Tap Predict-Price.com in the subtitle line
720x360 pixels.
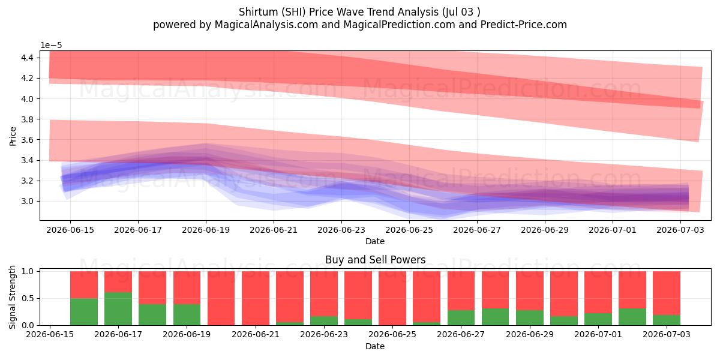[x=524, y=25]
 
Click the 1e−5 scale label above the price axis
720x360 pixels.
[x=51, y=46]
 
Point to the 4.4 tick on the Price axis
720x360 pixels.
[x=28, y=58]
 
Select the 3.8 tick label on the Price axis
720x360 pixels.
[x=28, y=119]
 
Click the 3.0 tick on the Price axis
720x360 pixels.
[x=28, y=201]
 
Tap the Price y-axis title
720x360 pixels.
[x=13, y=136]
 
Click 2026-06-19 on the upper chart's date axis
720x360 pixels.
[x=206, y=230]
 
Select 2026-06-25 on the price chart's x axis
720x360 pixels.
[x=409, y=230]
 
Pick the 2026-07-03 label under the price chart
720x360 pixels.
[x=680, y=230]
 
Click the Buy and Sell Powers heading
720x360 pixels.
[x=376, y=260]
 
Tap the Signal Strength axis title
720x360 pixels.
[x=12, y=298]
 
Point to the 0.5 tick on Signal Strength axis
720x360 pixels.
[x=28, y=298]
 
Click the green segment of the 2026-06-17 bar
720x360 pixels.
[x=118, y=308]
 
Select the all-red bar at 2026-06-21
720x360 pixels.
[x=256, y=298]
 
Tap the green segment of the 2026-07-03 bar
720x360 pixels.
[x=667, y=320]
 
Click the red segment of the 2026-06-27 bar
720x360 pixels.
[x=461, y=290]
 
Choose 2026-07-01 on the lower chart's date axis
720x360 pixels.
[x=598, y=334]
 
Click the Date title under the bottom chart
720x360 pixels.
[x=375, y=346]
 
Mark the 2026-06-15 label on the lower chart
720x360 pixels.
[x=50, y=334]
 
